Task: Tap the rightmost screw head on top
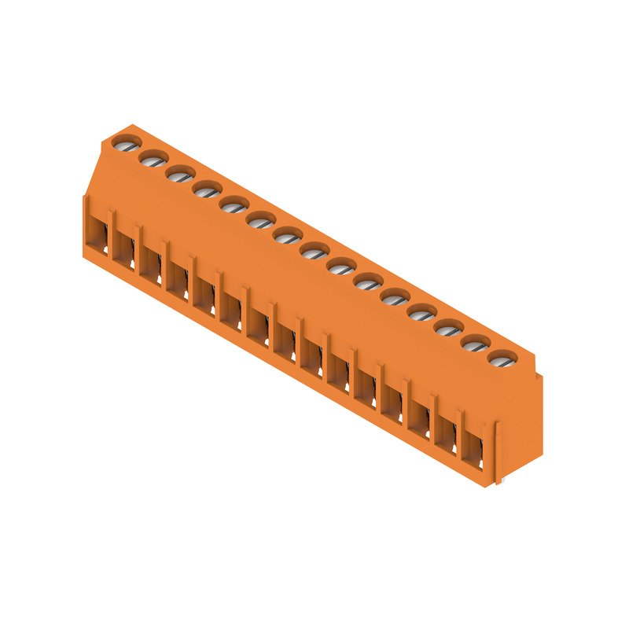502,360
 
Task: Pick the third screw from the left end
180,174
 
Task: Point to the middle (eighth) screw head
314,251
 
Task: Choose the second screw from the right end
475,344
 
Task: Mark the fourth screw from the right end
421,313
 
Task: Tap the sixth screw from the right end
368,282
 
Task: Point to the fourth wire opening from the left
178,281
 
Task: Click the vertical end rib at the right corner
498,452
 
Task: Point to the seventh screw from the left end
287,235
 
